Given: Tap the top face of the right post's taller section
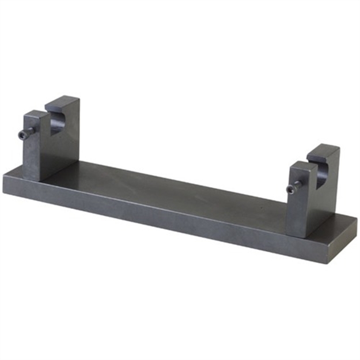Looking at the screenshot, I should [x=323, y=149].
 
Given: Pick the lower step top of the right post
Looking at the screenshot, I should [x=300, y=165].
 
